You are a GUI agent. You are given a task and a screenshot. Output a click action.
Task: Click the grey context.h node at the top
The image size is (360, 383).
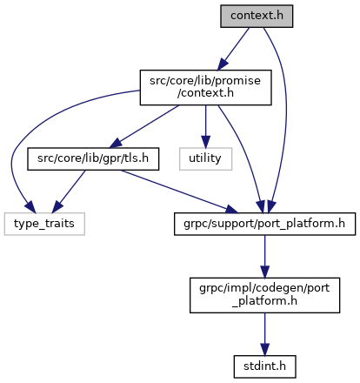[257, 17]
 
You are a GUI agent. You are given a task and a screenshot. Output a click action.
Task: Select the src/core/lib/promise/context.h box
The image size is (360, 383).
[205, 87]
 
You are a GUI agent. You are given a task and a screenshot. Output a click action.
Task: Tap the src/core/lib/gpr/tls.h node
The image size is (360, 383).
[93, 159]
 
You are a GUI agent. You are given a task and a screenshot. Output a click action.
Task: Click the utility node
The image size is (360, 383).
[205, 159]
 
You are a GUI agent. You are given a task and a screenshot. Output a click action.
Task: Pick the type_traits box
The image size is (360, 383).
[44, 224]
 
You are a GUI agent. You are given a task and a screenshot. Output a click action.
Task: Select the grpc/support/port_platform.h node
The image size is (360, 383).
[264, 224]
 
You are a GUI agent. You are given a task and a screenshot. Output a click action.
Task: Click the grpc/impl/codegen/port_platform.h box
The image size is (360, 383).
[264, 295]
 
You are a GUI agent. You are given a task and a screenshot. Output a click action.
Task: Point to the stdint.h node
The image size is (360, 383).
[264, 366]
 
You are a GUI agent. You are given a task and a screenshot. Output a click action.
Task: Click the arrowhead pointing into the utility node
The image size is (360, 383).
[205, 142]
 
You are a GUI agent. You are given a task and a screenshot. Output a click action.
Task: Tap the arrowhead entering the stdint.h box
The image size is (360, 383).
[264, 350]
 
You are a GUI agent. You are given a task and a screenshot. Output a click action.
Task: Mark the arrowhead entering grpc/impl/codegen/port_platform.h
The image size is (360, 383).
[264, 272]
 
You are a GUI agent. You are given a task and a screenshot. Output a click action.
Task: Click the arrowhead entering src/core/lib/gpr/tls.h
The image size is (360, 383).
[117, 143]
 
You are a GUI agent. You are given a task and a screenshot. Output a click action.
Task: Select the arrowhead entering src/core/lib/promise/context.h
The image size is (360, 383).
[223, 64]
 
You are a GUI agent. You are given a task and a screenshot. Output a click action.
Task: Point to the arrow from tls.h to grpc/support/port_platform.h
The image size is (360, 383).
[179, 191]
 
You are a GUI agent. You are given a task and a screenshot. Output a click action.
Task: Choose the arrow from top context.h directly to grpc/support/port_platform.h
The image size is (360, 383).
[286, 116]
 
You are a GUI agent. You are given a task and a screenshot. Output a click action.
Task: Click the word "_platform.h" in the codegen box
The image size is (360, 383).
[264, 301]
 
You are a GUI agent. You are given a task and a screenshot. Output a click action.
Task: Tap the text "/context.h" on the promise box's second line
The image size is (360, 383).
[205, 93]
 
